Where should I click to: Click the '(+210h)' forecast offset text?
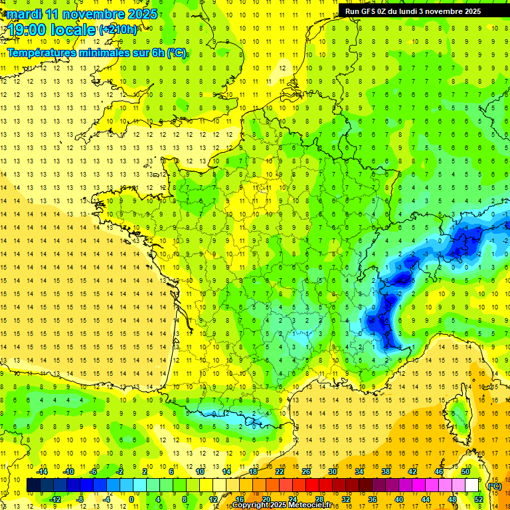[x=118, y=30]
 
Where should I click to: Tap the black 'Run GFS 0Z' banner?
[x=422, y=11]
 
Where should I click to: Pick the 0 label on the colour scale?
[x=130, y=499]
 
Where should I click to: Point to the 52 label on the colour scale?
[x=479, y=499]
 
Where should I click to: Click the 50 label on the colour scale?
[x=466, y=471]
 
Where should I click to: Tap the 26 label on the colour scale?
[x=306, y=471]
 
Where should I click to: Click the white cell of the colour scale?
[x=472, y=485]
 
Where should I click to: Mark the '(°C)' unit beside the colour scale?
[x=494, y=485]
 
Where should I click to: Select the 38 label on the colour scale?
[x=386, y=471]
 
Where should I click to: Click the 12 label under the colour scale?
[x=213, y=499]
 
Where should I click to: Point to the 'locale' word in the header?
[x=72, y=30]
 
